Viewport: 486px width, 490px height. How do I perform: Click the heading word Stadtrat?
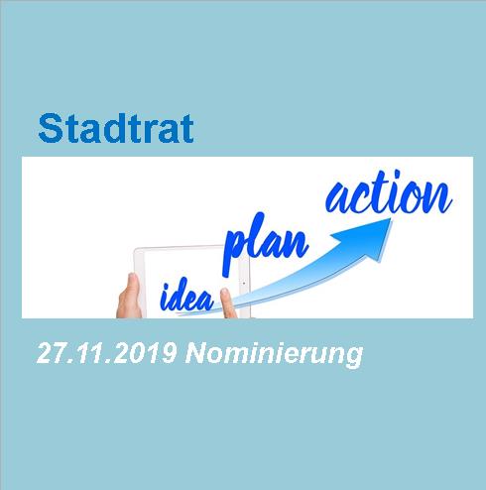[116, 128]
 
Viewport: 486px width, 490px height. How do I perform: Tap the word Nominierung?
[274, 355]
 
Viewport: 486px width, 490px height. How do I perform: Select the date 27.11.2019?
[106, 353]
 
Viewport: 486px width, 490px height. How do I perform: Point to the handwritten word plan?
[266, 244]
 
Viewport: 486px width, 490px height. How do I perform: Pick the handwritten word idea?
[186, 296]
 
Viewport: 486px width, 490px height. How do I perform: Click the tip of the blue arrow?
[391, 219]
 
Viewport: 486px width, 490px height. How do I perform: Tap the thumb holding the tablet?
[130, 296]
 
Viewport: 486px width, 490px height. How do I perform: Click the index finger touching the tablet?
[228, 303]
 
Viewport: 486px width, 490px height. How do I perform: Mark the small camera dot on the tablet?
[244, 283]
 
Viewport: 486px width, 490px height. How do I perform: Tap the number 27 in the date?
[50, 353]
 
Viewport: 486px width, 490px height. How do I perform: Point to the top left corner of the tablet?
[135, 249]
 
